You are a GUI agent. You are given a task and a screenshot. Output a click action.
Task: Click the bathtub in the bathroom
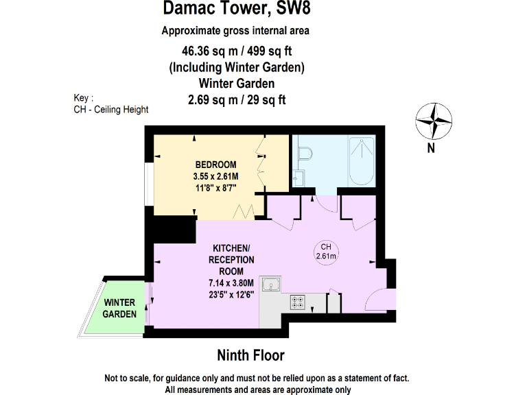[361, 162]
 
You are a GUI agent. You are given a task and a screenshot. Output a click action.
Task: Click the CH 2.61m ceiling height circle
[326, 252]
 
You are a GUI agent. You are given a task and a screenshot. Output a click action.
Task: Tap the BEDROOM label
[215, 165]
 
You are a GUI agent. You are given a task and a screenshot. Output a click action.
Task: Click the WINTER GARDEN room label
[119, 308]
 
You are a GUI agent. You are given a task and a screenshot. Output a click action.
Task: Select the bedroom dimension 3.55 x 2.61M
[215, 176]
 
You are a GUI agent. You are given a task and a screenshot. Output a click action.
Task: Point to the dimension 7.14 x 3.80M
[232, 283]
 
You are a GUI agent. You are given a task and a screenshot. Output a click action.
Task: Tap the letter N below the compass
[431, 147]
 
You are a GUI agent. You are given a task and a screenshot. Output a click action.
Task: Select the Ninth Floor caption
[250, 355]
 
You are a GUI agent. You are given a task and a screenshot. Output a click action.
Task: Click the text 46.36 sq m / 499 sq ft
[236, 51]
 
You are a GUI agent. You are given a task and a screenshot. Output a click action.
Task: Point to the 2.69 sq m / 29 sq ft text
[237, 99]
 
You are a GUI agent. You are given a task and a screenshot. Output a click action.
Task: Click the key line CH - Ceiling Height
[110, 109]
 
